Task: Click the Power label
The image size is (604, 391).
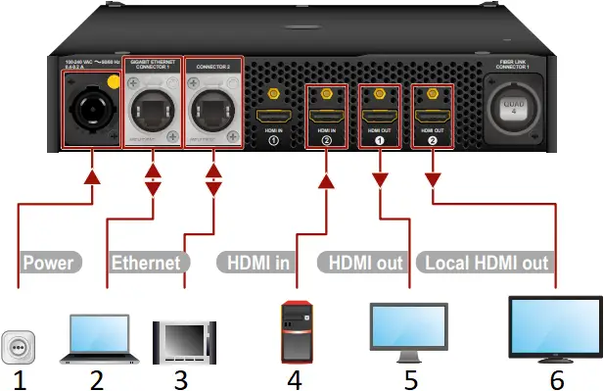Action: (x=49, y=263)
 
